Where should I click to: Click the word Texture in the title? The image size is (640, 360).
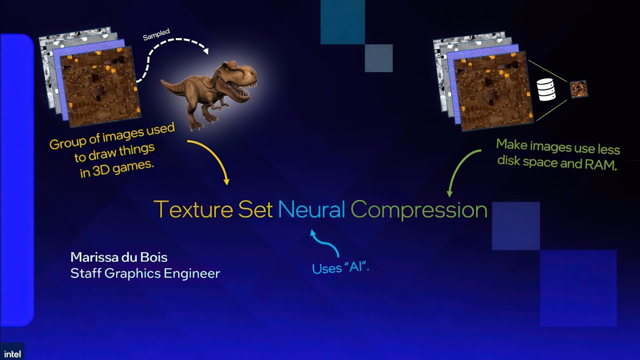click(193, 209)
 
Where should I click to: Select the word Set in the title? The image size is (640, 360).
click(255, 209)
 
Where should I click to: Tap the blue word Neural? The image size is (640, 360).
click(312, 209)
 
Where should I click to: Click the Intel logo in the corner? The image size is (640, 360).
click(12, 354)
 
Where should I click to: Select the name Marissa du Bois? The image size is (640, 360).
click(119, 257)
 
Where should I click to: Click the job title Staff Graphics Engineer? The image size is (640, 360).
click(145, 274)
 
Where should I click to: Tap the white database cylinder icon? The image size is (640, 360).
click(546, 89)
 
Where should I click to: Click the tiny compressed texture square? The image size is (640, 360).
click(578, 89)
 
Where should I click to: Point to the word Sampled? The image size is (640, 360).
click(156, 34)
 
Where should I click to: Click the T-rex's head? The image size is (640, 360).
click(240, 78)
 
